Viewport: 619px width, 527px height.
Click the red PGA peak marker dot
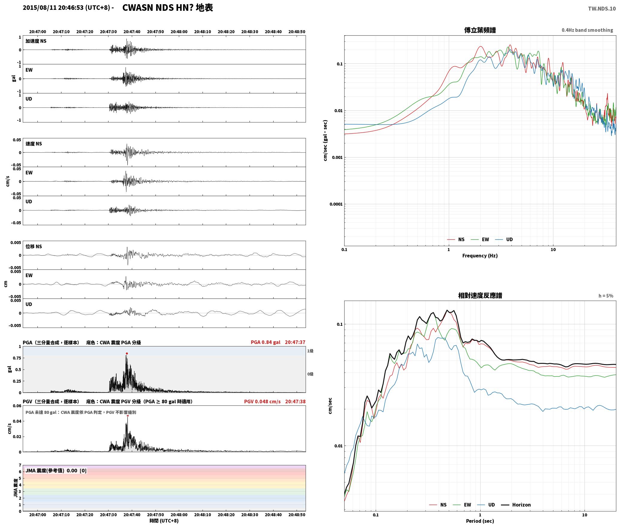(x=127, y=353)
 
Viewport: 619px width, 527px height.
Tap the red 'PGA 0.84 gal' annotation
(x=265, y=342)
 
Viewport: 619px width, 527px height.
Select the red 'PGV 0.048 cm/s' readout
(x=262, y=401)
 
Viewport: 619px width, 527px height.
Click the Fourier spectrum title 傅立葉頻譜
(x=480, y=30)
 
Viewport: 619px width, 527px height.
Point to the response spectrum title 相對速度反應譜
(x=480, y=296)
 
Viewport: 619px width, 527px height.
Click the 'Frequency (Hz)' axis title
(x=480, y=255)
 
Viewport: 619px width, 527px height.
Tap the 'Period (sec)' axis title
(x=480, y=521)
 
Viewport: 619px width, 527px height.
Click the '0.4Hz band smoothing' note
(x=587, y=30)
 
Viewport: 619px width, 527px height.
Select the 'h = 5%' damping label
(x=606, y=296)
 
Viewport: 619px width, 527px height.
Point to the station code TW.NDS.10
(x=602, y=8)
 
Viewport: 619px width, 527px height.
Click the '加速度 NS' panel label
(x=36, y=41)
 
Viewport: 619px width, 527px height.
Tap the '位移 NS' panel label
(x=34, y=246)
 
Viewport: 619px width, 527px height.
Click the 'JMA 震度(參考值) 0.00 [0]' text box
(x=56, y=470)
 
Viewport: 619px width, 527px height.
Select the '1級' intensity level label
(x=310, y=351)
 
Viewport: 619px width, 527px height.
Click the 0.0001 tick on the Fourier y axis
(x=336, y=204)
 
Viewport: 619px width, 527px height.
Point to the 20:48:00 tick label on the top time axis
(x=179, y=31)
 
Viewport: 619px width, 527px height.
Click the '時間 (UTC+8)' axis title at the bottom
(x=164, y=521)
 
